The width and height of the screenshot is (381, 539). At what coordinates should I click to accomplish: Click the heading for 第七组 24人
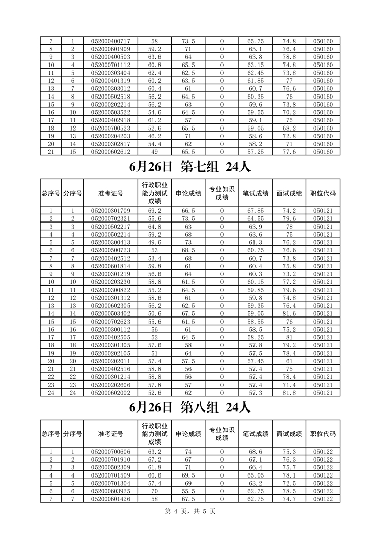point(190,167)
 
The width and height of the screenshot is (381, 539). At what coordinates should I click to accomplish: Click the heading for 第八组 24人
point(190,407)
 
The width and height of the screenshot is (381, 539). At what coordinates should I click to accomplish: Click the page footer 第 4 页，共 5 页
point(190,511)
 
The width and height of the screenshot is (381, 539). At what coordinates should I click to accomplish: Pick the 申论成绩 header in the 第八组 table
point(188,434)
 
